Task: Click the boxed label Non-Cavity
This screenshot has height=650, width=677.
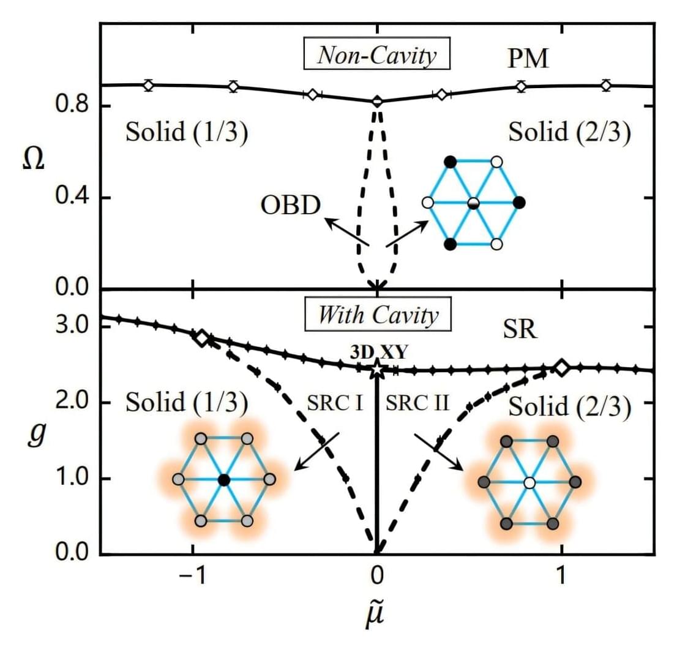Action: [x=376, y=56]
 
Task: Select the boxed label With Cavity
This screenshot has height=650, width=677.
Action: [x=378, y=316]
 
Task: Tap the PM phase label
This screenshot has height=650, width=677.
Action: [x=528, y=59]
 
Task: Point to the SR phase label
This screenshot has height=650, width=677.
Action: [x=521, y=330]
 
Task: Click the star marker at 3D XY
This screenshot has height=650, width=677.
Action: [x=377, y=369]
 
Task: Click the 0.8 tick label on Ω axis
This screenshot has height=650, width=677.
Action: [x=69, y=106]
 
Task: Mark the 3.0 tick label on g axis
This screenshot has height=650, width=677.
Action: [x=69, y=326]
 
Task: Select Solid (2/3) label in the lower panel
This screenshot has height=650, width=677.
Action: [x=569, y=406]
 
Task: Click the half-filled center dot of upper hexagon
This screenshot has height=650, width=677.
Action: [x=473, y=203]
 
